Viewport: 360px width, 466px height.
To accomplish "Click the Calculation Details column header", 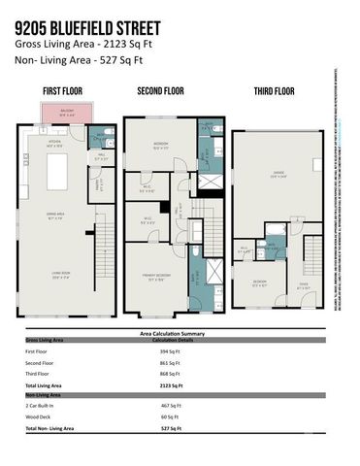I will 175,340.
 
